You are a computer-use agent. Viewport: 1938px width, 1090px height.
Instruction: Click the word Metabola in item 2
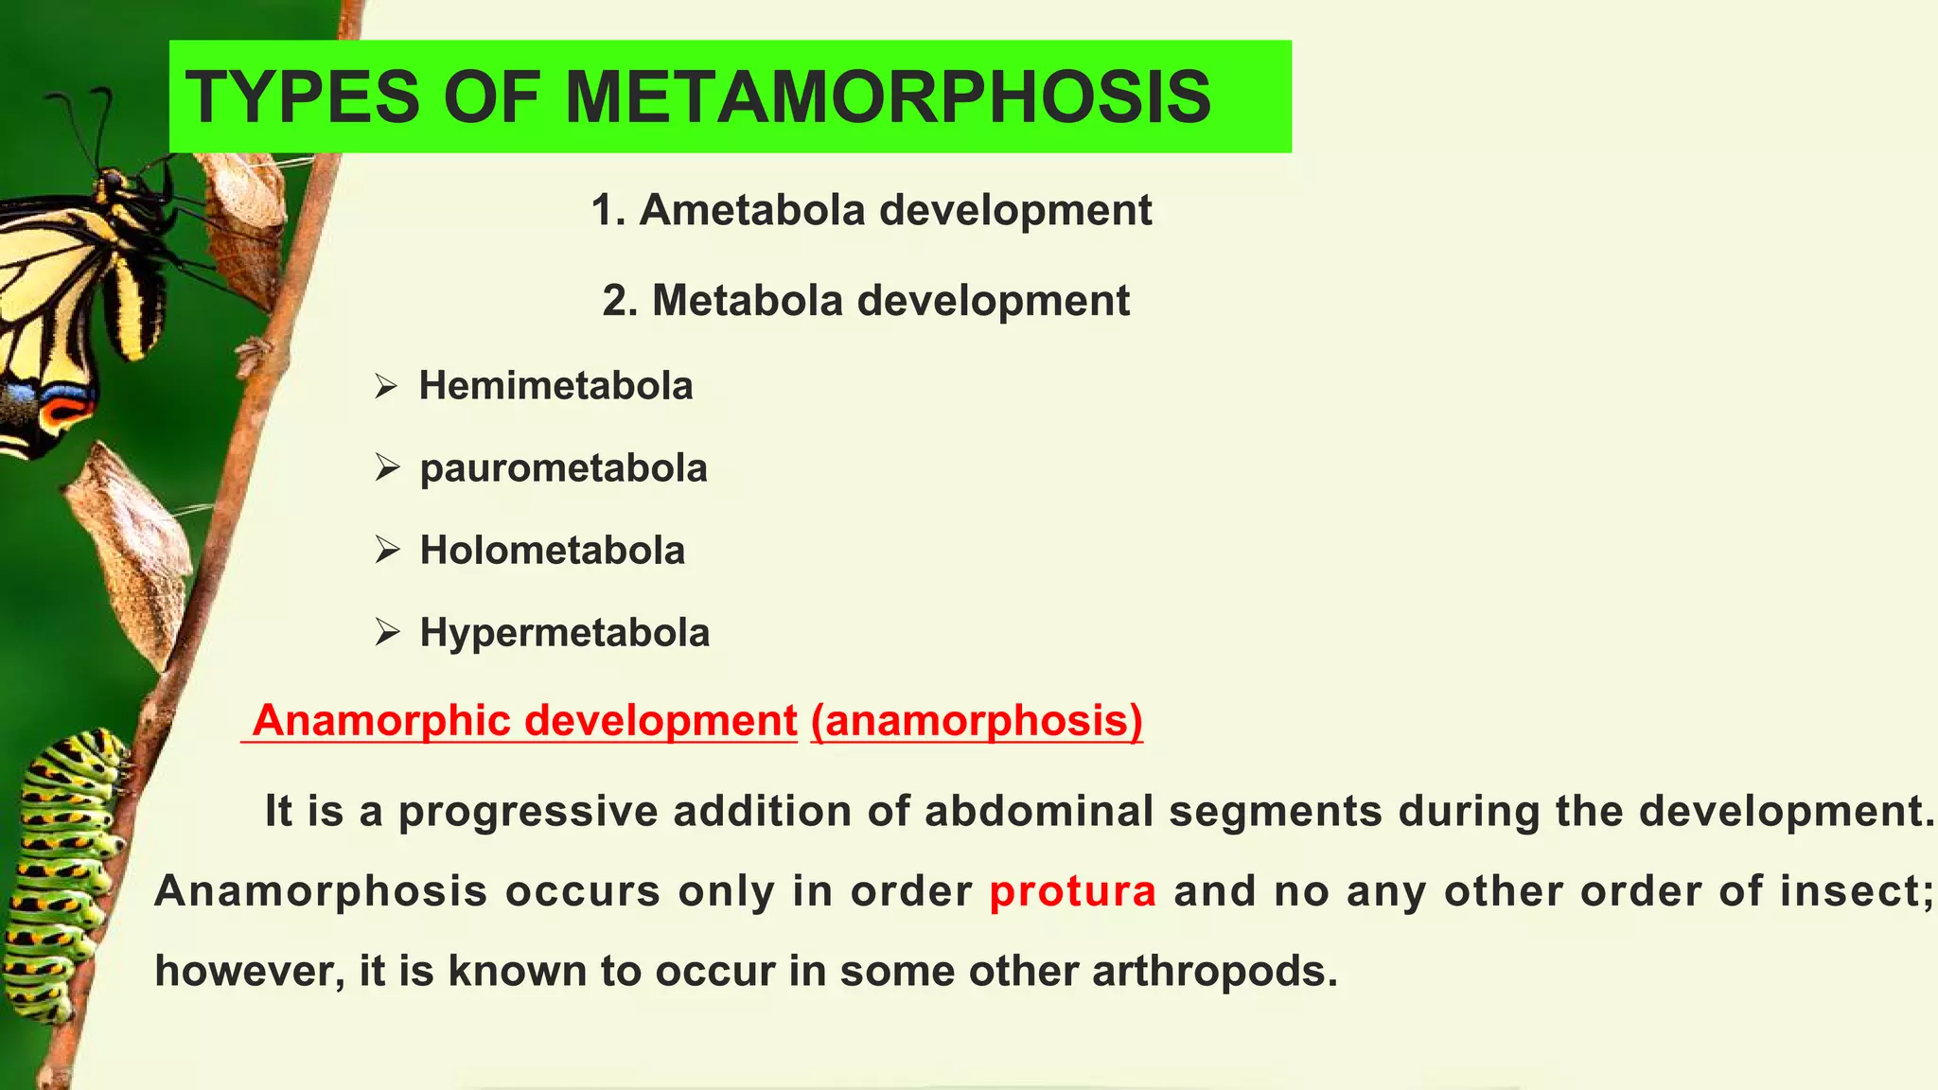click(747, 301)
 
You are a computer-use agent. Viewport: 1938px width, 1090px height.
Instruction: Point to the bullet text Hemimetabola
click(555, 386)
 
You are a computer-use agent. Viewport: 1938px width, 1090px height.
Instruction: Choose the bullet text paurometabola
click(563, 468)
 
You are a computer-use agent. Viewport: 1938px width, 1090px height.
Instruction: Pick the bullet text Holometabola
click(552, 551)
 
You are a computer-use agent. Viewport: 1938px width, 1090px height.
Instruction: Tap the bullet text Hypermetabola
click(564, 633)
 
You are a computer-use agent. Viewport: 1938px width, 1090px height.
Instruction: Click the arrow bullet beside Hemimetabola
click(386, 386)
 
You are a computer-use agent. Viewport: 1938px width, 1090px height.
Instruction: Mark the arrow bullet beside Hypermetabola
click(386, 632)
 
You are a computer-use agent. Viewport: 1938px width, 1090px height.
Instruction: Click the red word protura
click(1072, 891)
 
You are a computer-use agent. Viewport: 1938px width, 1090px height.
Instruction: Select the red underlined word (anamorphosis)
click(977, 721)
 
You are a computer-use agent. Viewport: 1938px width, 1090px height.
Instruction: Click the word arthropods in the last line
click(1215, 972)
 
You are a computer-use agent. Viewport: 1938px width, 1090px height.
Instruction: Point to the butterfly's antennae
click(85, 123)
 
